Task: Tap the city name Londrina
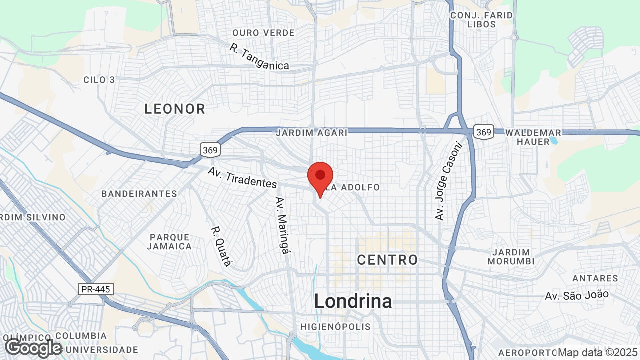353,301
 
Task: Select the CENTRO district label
387,260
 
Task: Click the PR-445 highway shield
96,289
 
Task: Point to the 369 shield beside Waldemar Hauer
484,132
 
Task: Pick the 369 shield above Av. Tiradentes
210,149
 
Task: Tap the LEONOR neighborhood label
175,109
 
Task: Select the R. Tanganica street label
259,57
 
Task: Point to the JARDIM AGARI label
311,133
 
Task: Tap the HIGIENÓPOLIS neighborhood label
335,327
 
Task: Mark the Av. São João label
577,295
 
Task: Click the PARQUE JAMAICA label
169,242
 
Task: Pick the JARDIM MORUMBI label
511,257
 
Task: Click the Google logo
33,348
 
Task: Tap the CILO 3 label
99,80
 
